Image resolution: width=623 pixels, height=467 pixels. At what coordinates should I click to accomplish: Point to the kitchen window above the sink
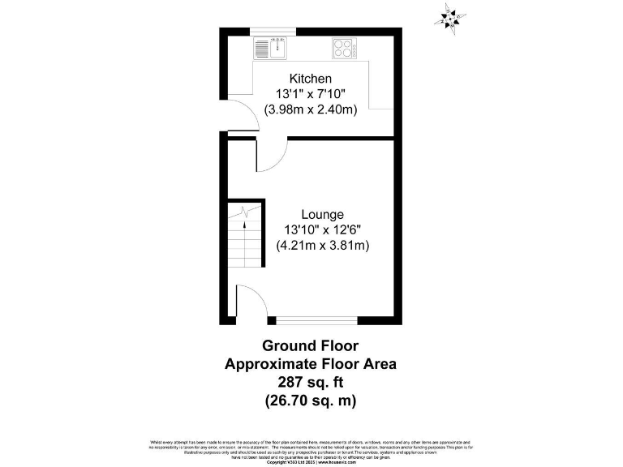coord(272,32)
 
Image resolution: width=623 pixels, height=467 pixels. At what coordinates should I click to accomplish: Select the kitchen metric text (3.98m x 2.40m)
coord(311,109)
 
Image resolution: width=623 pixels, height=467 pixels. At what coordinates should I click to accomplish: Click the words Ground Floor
coord(311,346)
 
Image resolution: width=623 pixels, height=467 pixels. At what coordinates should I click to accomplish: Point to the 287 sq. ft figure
coord(311,382)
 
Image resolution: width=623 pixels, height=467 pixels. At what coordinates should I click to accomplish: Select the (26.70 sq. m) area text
coord(311,400)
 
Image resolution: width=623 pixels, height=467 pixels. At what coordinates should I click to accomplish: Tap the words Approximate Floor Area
coord(311,364)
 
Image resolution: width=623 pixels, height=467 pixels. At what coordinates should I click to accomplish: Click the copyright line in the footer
coord(311,462)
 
